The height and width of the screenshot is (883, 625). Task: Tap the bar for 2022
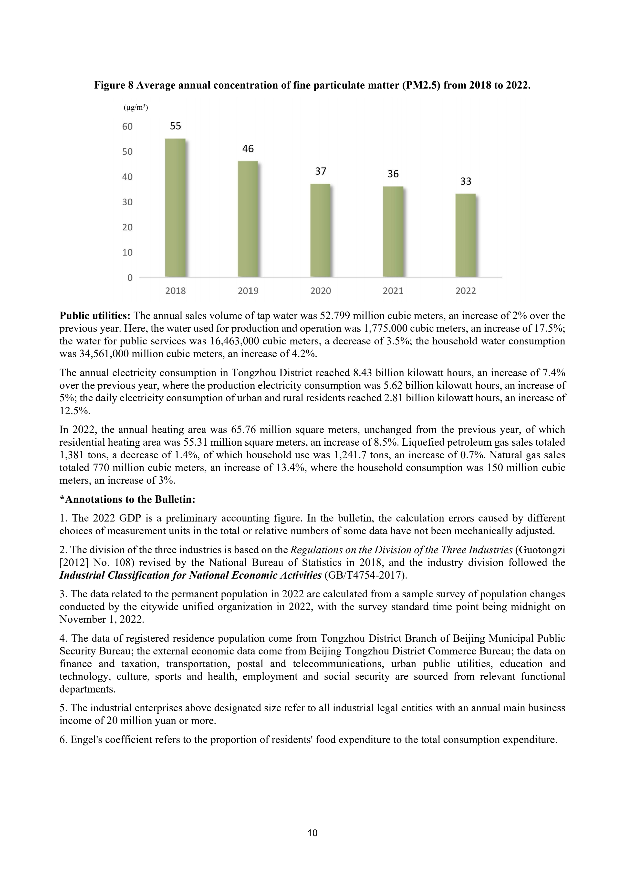(466, 235)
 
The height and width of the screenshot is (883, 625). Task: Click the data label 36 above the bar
(393, 174)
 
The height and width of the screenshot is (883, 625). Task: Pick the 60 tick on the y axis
(127, 127)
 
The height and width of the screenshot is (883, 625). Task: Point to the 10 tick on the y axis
(127, 252)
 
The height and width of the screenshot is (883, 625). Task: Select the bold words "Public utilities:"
(95, 316)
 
